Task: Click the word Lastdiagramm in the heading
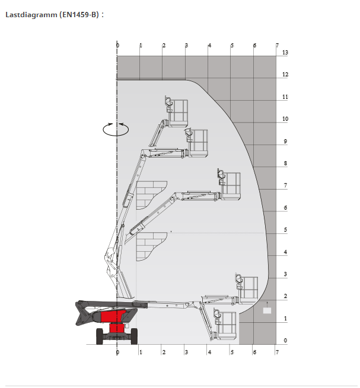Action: coord(31,15)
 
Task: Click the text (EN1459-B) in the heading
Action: coord(79,15)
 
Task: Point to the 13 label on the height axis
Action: coord(285,53)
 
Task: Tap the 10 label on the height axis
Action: coord(285,119)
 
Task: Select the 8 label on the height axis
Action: coord(285,163)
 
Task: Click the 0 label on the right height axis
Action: coord(285,341)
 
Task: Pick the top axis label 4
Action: coord(209,46)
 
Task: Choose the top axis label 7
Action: coord(277,46)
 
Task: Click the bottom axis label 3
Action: coord(186,352)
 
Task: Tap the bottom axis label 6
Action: coord(254,352)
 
